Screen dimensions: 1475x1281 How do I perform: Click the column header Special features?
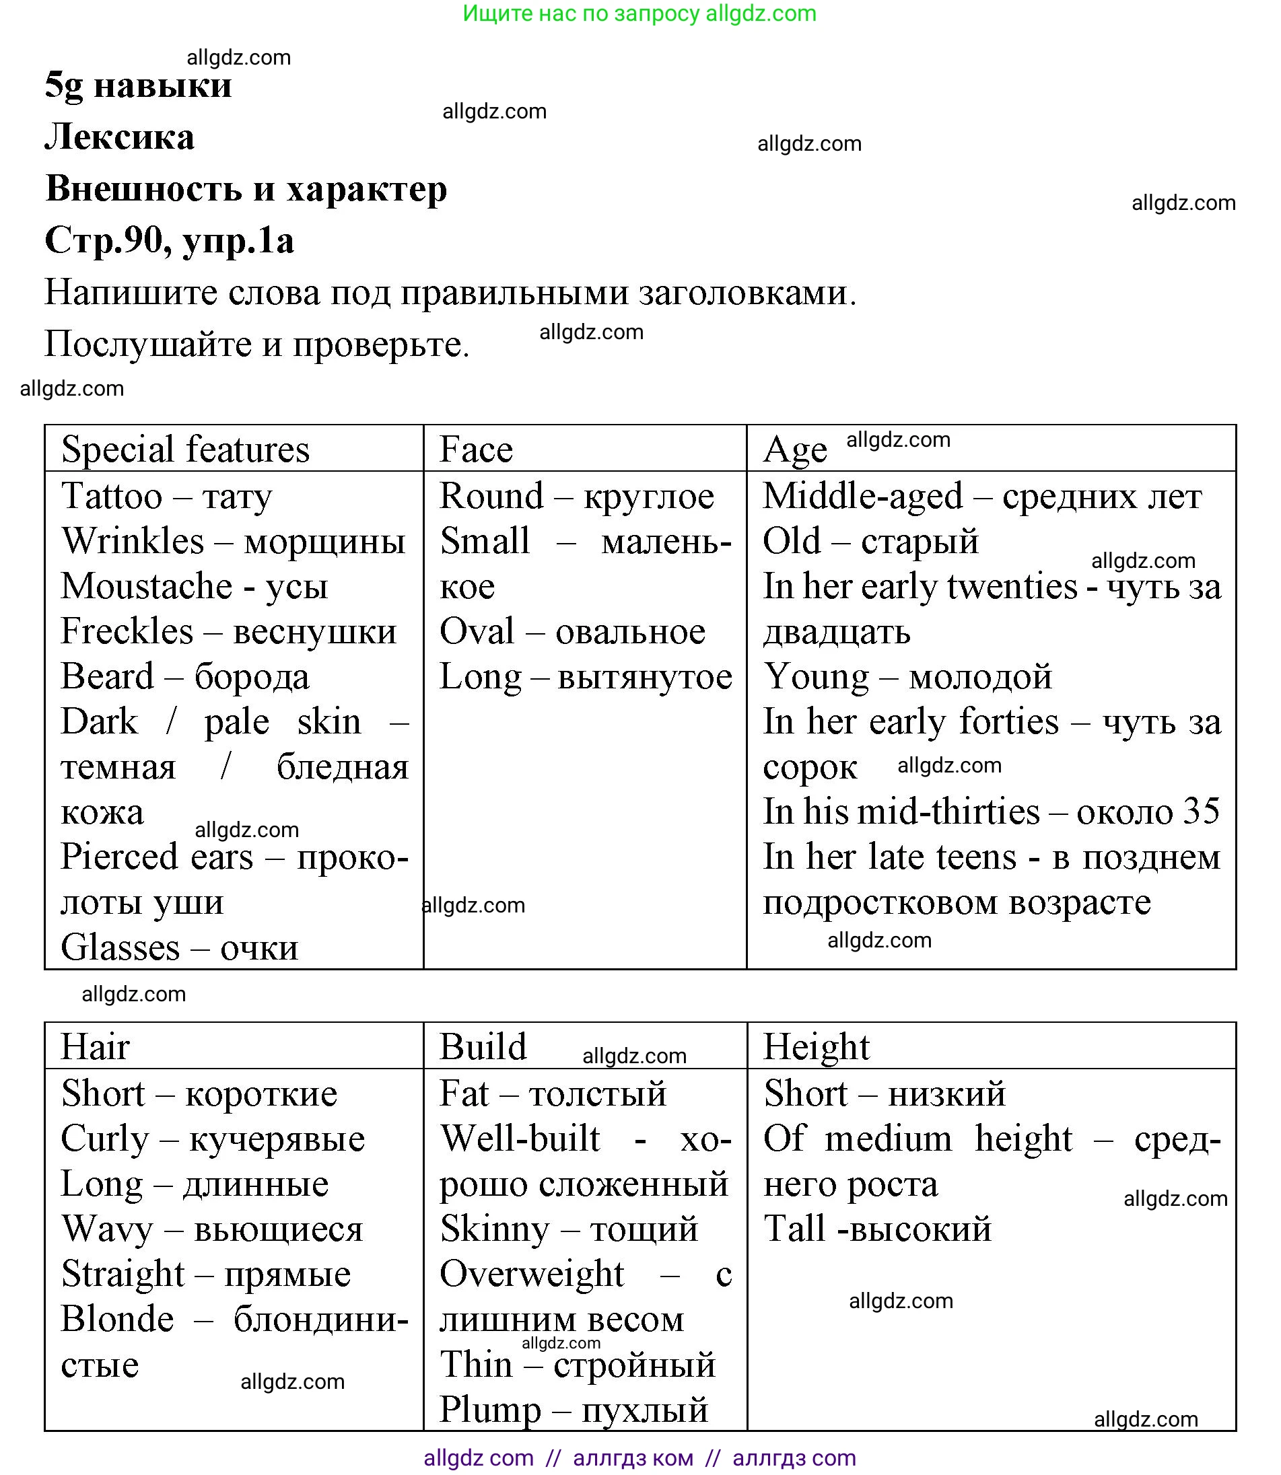tap(185, 449)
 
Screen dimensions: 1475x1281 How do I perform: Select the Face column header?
tap(476, 449)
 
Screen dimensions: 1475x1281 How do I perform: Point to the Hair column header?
tap(95, 1047)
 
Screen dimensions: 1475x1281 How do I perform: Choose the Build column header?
tap(483, 1047)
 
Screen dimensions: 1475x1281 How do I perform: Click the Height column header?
tap(817, 1047)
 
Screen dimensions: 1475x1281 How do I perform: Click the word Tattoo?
tap(112, 496)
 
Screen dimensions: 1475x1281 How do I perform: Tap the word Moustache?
tap(147, 586)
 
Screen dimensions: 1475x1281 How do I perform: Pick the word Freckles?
tap(127, 631)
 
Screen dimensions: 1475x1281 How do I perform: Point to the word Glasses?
tap(120, 947)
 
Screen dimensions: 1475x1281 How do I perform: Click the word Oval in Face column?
tap(477, 631)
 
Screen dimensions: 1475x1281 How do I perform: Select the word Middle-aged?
tap(863, 496)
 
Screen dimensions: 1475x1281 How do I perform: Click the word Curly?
tap(105, 1139)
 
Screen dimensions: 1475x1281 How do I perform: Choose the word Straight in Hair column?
tap(123, 1274)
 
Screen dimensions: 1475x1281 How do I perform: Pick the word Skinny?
tap(495, 1229)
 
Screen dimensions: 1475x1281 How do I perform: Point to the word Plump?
tap(490, 1410)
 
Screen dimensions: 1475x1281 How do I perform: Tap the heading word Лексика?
tap(119, 137)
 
